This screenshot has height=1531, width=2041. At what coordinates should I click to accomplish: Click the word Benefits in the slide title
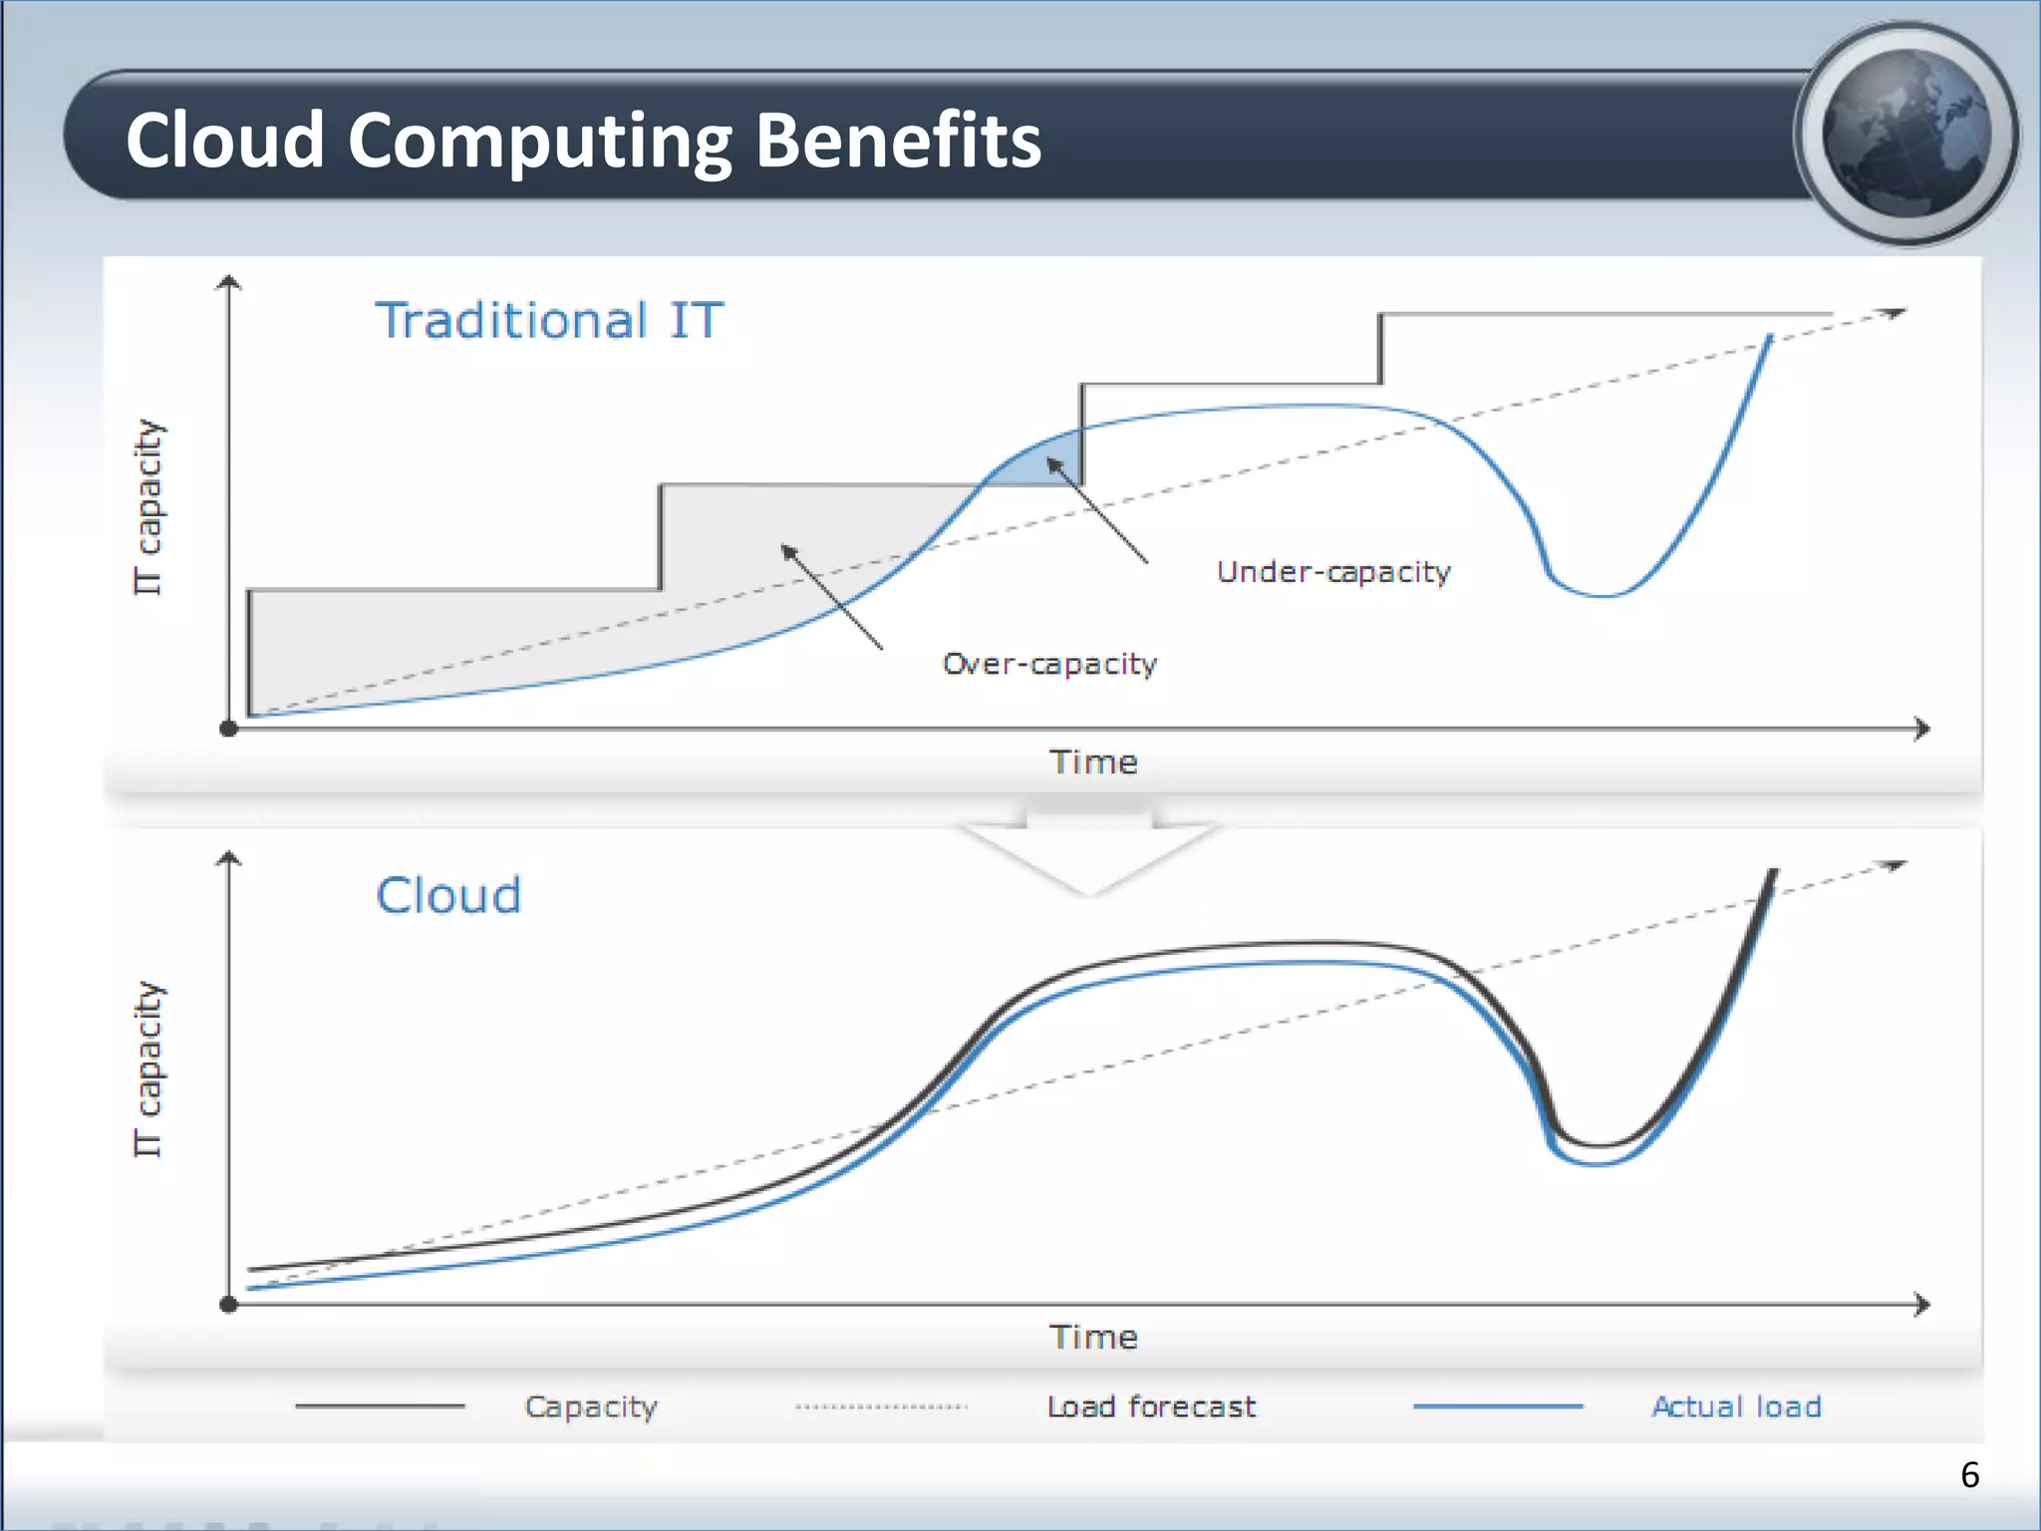897,141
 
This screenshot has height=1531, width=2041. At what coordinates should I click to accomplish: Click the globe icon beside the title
1905,135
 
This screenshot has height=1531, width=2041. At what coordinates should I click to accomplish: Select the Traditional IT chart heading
548,321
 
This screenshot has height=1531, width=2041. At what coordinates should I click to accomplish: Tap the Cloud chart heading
448,895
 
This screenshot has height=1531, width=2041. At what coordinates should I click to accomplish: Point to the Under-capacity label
1333,572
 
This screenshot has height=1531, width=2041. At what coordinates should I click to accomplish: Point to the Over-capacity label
1049,664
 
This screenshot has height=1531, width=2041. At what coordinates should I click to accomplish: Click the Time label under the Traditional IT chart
1093,763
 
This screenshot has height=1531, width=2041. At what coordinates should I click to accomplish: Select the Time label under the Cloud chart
1093,1338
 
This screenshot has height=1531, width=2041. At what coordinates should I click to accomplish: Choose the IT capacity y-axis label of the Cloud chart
147,1069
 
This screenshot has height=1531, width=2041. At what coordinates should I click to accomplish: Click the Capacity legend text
591,1406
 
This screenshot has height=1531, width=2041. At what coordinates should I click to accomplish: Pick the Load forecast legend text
1151,1406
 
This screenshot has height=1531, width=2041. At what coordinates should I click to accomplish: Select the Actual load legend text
1736,1406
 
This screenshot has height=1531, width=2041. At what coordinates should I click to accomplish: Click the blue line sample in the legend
1498,1406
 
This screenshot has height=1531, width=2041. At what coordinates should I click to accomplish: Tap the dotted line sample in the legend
881,1406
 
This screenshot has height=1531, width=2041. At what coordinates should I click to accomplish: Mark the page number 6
1969,1475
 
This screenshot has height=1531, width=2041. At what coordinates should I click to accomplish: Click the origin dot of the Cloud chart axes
228,1304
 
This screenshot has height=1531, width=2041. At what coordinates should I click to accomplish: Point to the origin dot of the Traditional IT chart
228,729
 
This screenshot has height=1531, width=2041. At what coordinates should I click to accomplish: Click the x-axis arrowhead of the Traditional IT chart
1922,729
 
